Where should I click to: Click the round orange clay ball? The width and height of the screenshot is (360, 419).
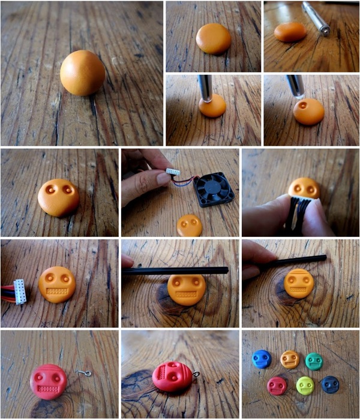pyautogui.click(x=82, y=73)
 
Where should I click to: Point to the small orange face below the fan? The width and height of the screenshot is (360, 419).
pyautogui.click(x=190, y=225)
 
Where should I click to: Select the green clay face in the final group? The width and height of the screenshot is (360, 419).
pyautogui.click(x=313, y=361)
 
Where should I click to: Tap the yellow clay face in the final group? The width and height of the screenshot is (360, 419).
pyautogui.click(x=305, y=384)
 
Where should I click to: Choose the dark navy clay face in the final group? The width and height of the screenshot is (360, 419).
pyautogui.click(x=330, y=384)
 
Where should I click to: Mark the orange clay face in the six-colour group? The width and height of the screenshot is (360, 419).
pyautogui.click(x=290, y=359)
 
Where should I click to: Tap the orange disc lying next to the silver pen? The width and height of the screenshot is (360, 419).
pyautogui.click(x=290, y=32)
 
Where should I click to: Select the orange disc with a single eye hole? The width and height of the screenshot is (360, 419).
pyautogui.click(x=212, y=105)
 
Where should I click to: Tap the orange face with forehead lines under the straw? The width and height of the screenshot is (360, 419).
pyautogui.click(x=299, y=283)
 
